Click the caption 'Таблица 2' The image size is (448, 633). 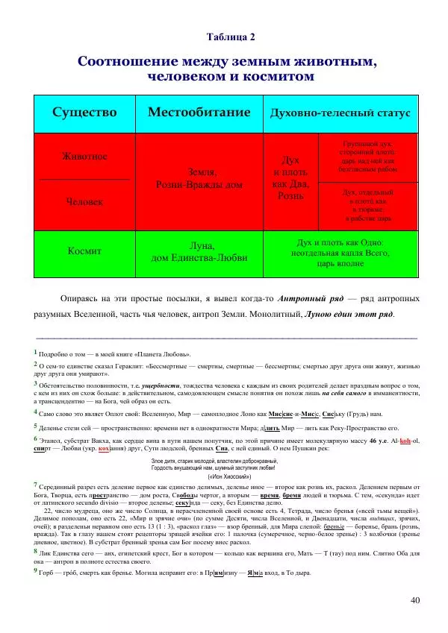[x=231, y=36]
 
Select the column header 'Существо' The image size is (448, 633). [x=84, y=113]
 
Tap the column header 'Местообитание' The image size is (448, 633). [x=199, y=113]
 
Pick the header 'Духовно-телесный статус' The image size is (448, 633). [x=340, y=113]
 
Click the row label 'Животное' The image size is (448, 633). [x=84, y=157]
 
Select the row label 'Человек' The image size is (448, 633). [x=84, y=201]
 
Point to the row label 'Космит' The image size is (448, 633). [x=84, y=251]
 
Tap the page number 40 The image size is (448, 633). [x=415, y=600]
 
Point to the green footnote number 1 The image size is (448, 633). [x=35, y=350]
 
